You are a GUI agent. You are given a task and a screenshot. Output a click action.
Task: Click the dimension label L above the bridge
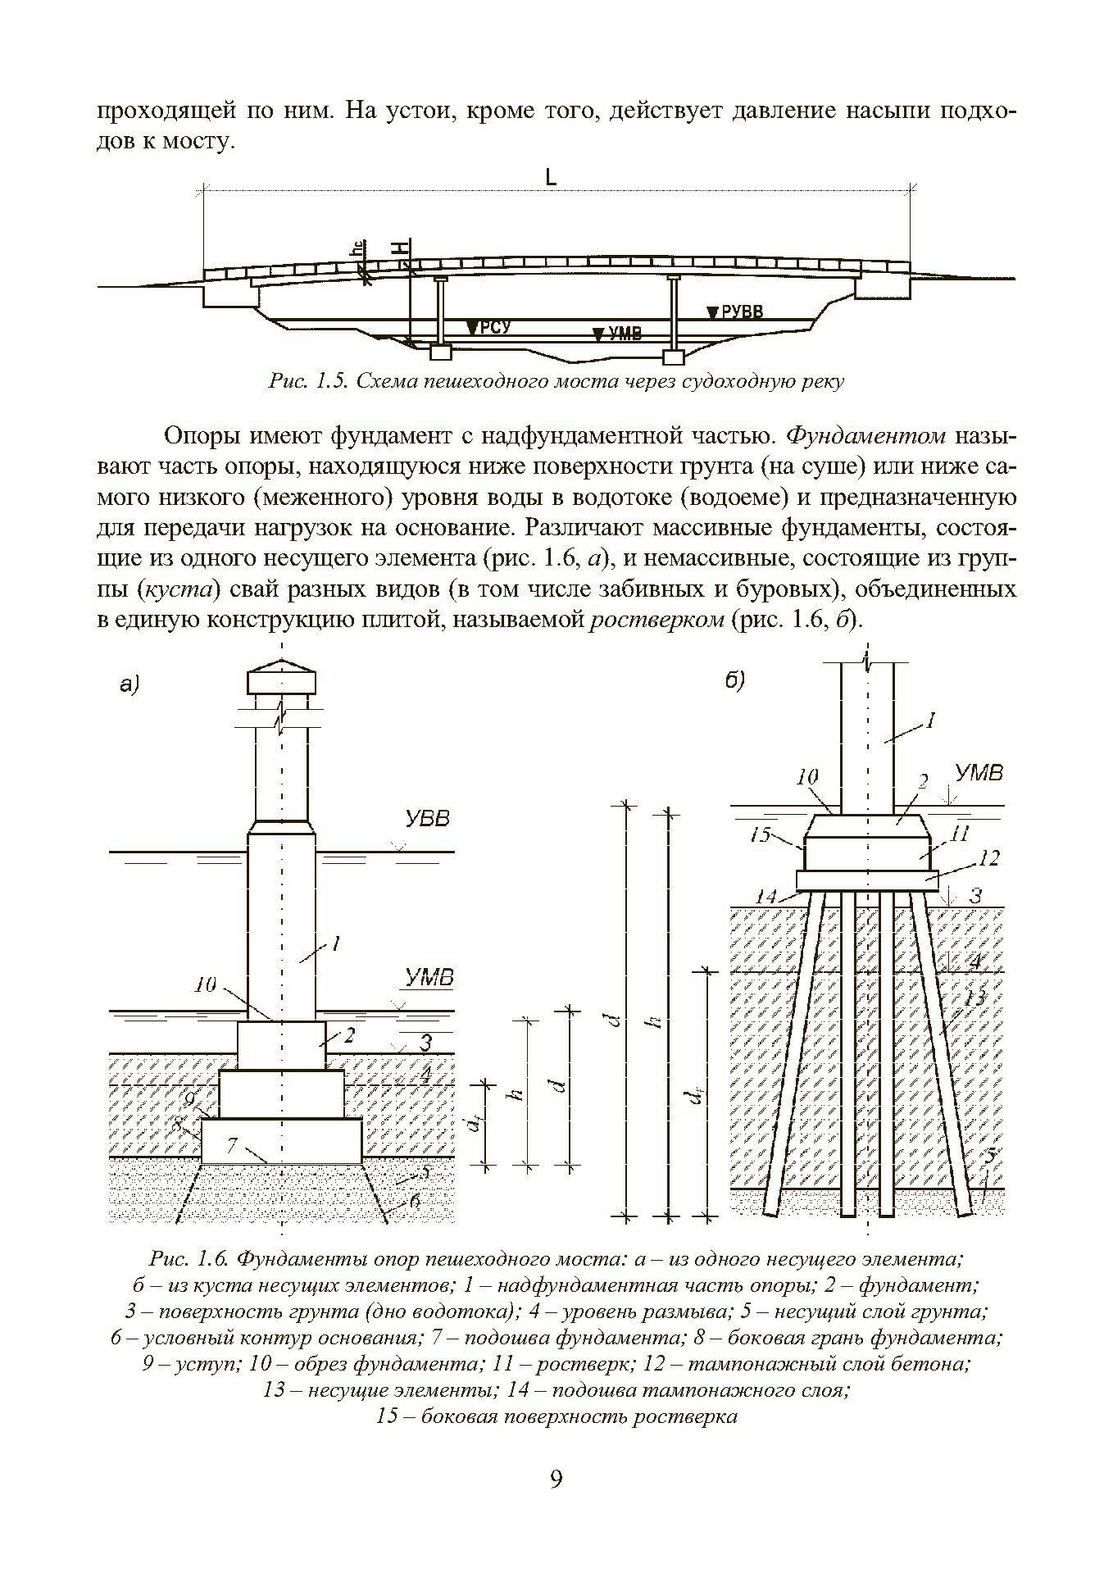[551, 176]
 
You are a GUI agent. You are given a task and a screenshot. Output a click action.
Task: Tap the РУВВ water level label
[741, 311]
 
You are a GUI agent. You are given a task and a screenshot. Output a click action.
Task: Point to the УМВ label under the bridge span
[622, 334]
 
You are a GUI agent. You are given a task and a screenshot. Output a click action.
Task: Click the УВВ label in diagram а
[427, 819]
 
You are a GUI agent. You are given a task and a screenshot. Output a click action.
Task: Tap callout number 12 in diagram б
[989, 858]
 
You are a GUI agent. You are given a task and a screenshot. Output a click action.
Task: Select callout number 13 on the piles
[974, 998]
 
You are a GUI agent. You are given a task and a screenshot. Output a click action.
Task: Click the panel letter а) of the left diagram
[129, 684]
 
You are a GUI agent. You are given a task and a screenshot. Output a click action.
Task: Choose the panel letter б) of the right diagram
[735, 680]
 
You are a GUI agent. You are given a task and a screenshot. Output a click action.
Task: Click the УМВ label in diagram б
[979, 772]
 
